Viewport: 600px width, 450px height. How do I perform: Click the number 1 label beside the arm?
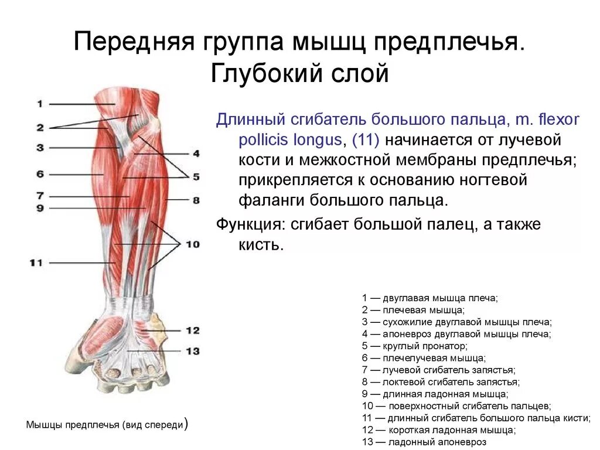[x=39, y=104]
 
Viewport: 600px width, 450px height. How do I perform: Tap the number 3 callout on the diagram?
[x=39, y=148]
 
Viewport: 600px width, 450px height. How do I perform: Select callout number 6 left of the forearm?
[x=39, y=174]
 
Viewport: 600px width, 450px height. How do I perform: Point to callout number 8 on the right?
[x=196, y=200]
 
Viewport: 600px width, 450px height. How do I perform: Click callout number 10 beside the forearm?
[x=192, y=244]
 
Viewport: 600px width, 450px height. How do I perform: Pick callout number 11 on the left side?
[x=36, y=263]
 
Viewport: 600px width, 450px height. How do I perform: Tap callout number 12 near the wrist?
[x=192, y=330]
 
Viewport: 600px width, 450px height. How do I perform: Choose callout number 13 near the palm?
[x=192, y=351]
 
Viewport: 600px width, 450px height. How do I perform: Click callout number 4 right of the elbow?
[x=196, y=154]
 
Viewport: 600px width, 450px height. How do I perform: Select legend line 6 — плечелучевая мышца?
[x=424, y=357]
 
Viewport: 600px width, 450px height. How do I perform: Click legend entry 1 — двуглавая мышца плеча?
[x=429, y=298]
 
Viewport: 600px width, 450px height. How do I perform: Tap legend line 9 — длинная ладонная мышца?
[x=435, y=394]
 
